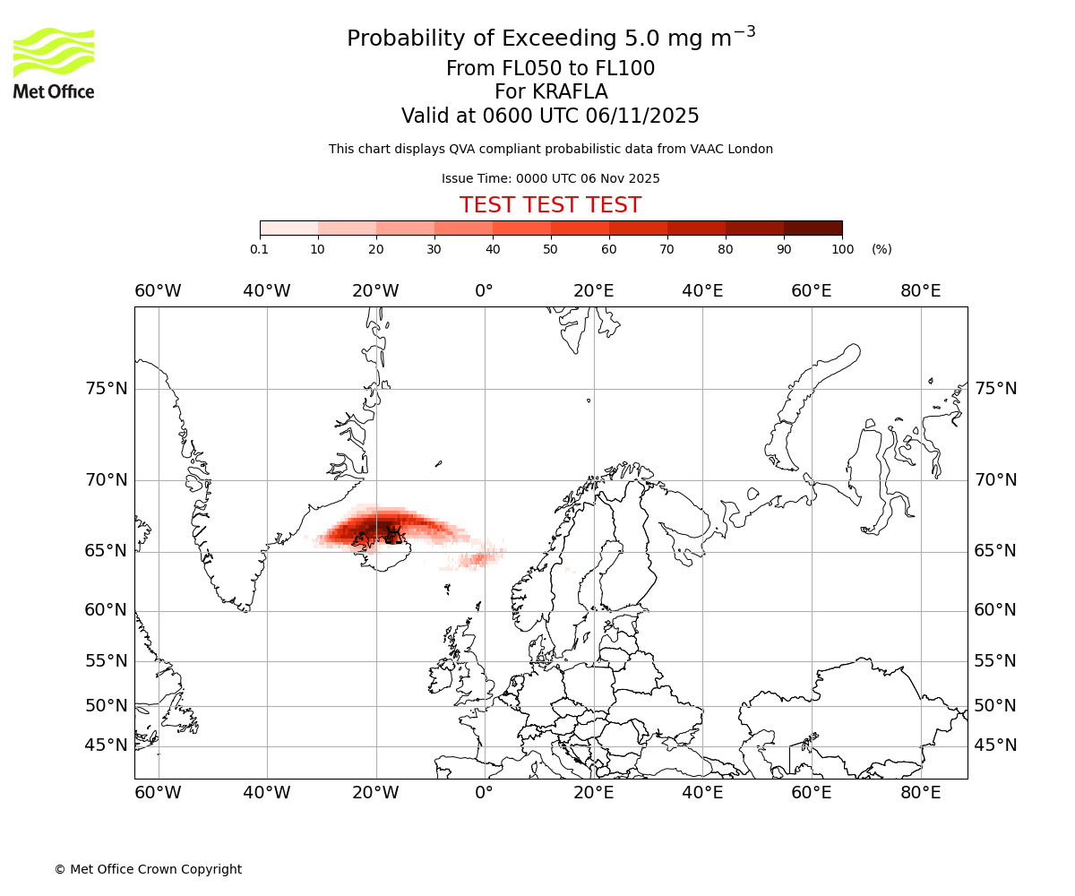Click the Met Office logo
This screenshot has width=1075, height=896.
coord(54,63)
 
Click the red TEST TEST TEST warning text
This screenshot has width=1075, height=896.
coord(550,205)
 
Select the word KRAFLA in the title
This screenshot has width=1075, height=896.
coord(571,92)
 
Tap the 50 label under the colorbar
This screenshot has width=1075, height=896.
coord(551,249)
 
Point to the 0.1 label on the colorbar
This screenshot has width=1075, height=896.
coord(260,249)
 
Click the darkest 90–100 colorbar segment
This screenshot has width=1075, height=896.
coord(813,228)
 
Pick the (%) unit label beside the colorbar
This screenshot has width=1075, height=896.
coord(881,249)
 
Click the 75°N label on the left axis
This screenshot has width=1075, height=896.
coord(107,389)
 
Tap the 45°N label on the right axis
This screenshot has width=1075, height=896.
coord(995,745)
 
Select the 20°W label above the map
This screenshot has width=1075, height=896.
coord(375,291)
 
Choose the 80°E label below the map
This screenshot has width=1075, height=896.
coord(920,793)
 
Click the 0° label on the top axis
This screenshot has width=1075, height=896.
coord(484,291)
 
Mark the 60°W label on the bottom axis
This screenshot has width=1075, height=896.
coord(158,793)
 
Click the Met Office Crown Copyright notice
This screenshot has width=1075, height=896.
coord(148,869)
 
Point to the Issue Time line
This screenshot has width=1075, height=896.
coord(550,178)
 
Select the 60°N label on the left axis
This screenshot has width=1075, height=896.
coord(107,610)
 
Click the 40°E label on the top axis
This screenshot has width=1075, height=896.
coord(702,291)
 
